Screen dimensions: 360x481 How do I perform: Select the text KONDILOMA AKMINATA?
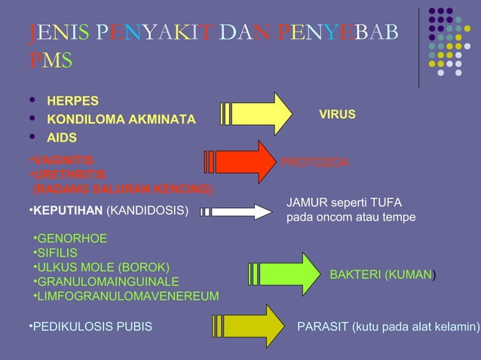[x=121, y=120]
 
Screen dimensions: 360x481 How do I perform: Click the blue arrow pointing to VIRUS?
[x=260, y=114]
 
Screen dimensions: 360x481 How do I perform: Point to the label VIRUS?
[x=337, y=114]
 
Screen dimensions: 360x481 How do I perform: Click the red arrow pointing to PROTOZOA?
[x=245, y=161]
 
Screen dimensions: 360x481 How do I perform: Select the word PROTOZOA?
[x=314, y=162]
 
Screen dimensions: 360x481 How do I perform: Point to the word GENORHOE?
[x=72, y=239]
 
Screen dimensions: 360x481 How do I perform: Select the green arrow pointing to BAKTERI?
[x=286, y=273]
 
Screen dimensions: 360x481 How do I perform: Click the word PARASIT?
[x=320, y=327]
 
